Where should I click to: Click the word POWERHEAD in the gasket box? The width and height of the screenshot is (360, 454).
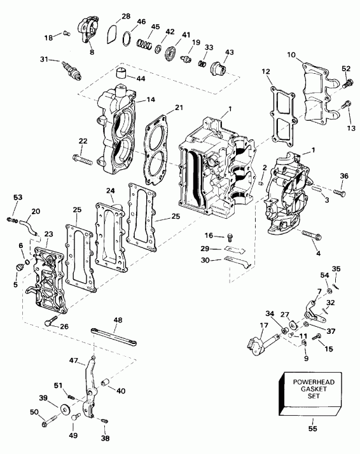(313, 382)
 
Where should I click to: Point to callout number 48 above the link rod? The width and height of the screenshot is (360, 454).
(118, 320)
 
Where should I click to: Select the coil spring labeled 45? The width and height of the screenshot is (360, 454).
(146, 46)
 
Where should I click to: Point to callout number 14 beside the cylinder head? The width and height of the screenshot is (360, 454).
(150, 100)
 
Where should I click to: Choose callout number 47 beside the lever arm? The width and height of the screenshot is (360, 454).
(73, 361)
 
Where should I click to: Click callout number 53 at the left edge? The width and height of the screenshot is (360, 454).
(17, 198)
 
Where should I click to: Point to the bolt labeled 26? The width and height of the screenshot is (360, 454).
(49, 322)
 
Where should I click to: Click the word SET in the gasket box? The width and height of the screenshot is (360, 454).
(313, 396)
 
